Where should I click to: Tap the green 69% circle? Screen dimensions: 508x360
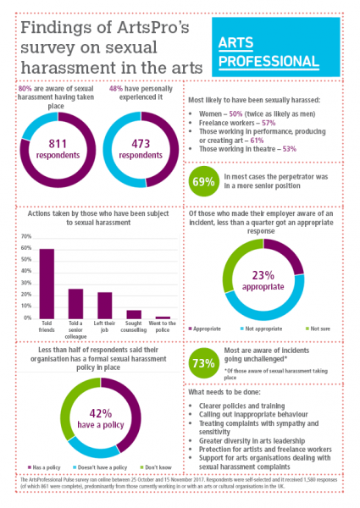(203, 181)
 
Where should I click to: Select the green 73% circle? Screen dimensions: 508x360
(203, 362)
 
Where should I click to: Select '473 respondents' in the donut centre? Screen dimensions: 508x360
(141, 149)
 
